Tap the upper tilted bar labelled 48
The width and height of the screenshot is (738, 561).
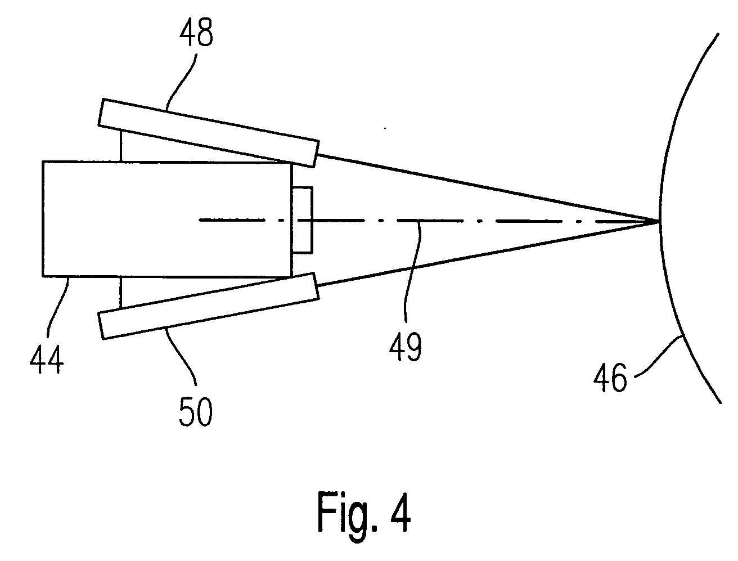(209, 133)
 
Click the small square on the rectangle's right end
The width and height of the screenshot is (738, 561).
(302, 219)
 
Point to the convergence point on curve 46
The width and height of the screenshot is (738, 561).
(659, 221)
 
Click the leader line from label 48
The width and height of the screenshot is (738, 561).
(179, 81)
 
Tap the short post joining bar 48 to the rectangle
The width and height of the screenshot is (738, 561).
(121, 145)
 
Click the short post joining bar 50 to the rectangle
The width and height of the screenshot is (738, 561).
(121, 293)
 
